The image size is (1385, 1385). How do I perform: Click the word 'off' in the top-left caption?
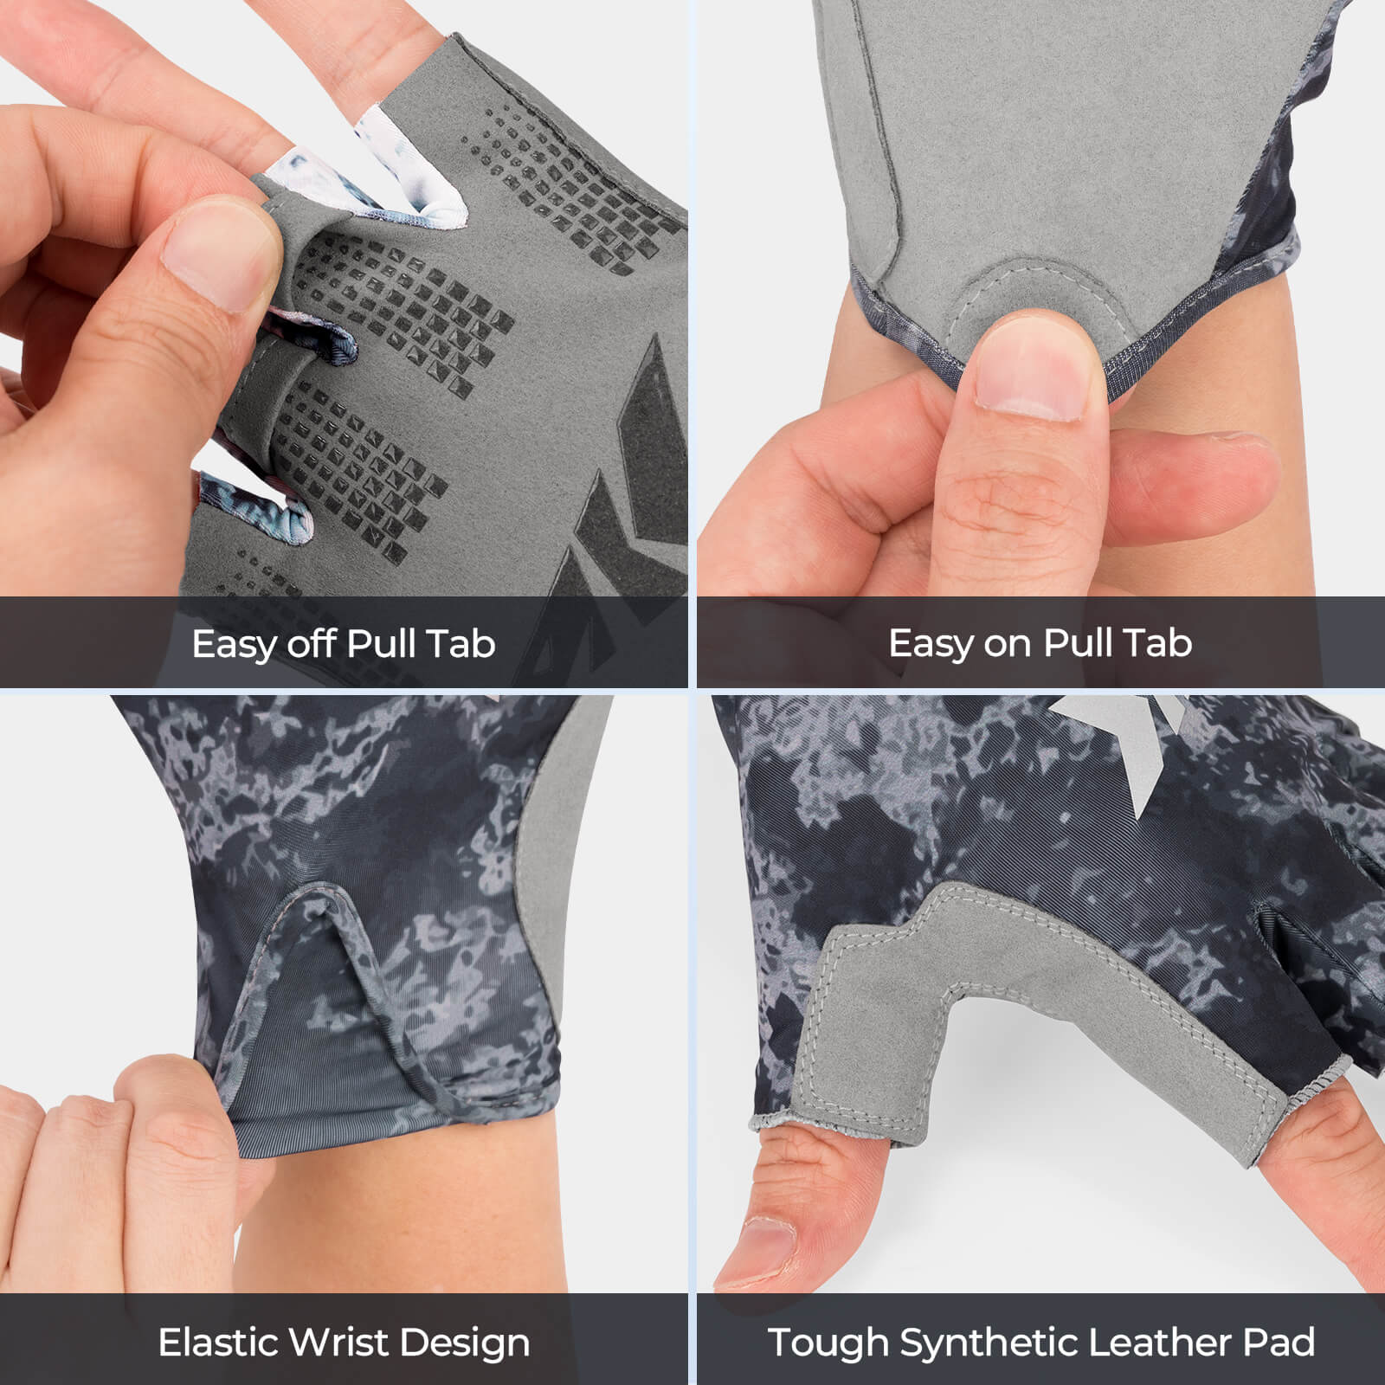(x=312, y=643)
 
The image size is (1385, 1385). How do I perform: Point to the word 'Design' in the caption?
(x=465, y=1343)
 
